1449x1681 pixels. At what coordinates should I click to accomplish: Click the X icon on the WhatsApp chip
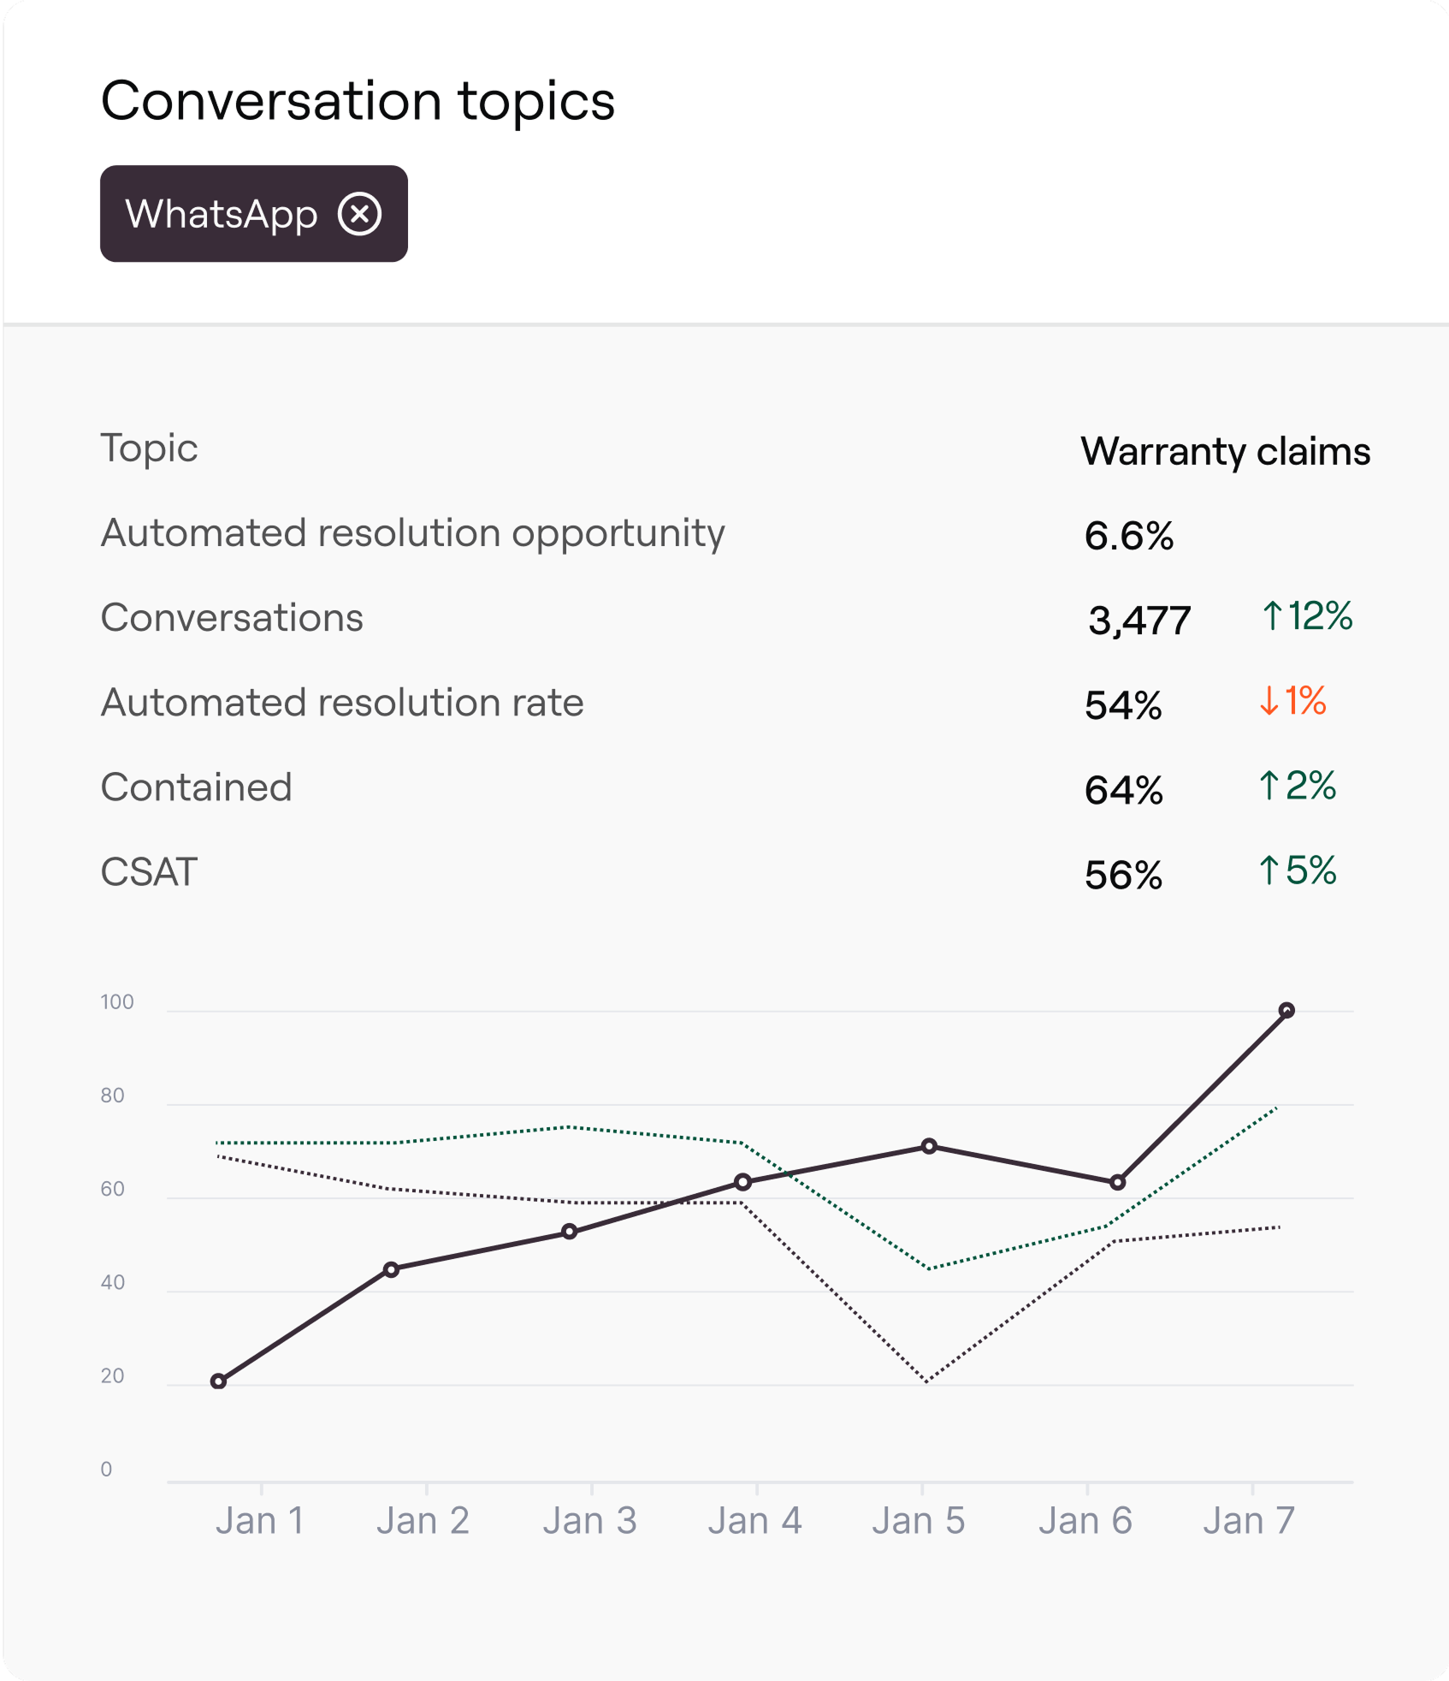tap(359, 214)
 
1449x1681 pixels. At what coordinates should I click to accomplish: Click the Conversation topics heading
tap(358, 101)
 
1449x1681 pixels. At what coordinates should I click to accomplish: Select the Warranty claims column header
tap(1225, 451)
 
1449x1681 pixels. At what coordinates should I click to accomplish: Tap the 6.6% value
tap(1128, 536)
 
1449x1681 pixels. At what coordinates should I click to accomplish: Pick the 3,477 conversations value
tap(1139, 620)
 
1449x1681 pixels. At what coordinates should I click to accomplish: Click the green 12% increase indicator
tap(1307, 615)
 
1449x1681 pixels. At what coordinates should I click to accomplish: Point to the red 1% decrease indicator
tap(1292, 700)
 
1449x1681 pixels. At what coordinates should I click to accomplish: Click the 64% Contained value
tap(1123, 790)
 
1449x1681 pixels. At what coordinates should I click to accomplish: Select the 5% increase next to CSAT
tap(1297, 870)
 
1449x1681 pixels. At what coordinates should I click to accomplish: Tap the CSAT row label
tap(149, 872)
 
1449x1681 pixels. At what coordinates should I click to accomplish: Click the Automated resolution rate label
tap(342, 703)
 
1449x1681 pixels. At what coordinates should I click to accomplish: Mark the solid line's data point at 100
tap(1286, 1010)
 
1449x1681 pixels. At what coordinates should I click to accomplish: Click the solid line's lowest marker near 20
tap(218, 1381)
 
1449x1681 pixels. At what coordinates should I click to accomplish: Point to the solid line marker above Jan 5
tap(929, 1146)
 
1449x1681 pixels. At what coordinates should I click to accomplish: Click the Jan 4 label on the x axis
tap(754, 1521)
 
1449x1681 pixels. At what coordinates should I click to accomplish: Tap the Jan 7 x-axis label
tap(1249, 1521)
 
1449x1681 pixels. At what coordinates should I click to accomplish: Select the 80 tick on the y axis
tap(113, 1096)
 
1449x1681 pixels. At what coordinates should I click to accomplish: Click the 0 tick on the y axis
tap(106, 1470)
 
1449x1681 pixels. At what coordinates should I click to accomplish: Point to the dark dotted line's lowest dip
tap(926, 1380)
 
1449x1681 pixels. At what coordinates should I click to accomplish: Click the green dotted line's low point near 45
tap(929, 1268)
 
